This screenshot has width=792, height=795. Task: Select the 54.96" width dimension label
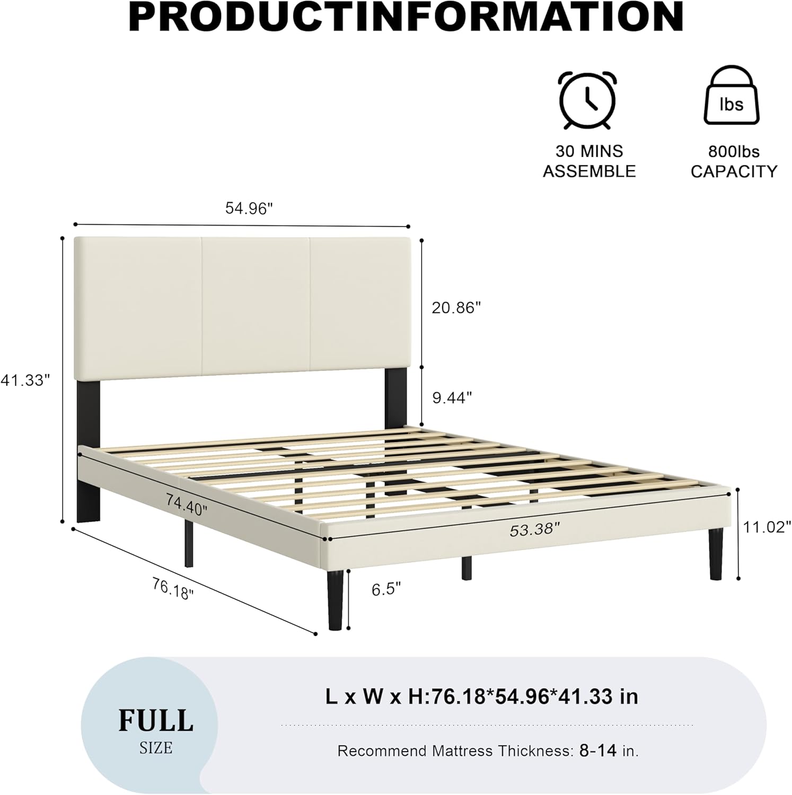[249, 208]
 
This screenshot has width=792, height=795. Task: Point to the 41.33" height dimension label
[25, 379]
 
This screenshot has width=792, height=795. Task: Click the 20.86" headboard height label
[456, 307]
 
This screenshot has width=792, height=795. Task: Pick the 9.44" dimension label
[452, 397]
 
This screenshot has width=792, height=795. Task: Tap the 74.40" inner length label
[186, 503]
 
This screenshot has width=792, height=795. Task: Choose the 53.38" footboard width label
[534, 529]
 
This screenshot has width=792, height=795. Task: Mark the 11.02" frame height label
[766, 527]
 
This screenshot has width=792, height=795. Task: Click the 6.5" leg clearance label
[386, 589]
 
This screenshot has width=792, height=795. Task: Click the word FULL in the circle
[155, 721]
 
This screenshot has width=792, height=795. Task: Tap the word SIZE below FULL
[156, 748]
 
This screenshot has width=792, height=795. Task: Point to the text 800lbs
[734, 152]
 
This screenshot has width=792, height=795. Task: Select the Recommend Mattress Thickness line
[488, 750]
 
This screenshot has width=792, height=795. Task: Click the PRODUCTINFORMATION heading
[406, 17]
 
